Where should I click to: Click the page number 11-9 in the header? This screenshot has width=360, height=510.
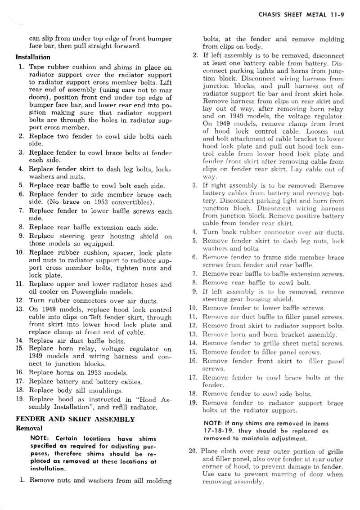(336, 14)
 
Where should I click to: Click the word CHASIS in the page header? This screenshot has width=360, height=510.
(270, 14)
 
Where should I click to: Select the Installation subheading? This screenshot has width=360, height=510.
(33, 57)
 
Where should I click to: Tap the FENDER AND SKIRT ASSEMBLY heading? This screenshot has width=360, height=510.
(75, 419)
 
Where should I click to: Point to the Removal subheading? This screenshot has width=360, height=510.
(29, 428)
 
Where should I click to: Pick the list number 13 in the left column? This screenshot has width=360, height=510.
(19, 309)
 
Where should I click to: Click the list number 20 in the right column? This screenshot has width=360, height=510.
(193, 451)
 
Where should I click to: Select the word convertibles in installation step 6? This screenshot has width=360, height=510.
(130, 202)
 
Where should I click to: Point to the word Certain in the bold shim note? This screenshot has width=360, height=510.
(67, 438)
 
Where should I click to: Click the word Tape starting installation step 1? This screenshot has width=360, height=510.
(37, 67)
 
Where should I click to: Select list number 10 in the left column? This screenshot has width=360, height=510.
(19, 252)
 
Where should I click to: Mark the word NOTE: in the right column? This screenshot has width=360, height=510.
(214, 423)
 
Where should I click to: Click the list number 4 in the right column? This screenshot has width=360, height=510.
(195, 232)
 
